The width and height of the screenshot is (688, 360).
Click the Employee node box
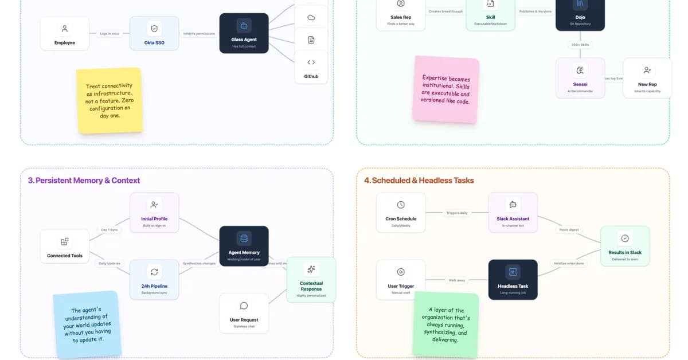click(x=65, y=33)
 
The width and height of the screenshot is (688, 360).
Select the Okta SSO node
click(x=154, y=33)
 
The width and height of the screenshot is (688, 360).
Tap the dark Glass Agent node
click(x=244, y=33)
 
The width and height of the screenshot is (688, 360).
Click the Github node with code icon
click(x=311, y=67)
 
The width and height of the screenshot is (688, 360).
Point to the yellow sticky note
click(x=109, y=100)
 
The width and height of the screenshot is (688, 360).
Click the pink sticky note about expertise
click(x=445, y=89)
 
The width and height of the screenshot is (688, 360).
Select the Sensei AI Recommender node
click(x=580, y=77)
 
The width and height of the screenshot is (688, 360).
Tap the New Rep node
click(x=647, y=77)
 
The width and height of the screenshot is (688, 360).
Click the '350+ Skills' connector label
click(x=580, y=45)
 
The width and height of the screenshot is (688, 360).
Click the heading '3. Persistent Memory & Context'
click(x=84, y=181)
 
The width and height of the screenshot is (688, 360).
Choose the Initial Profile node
click(x=154, y=212)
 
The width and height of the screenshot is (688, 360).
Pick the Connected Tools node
click(x=65, y=246)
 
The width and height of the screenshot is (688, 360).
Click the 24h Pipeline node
click(x=154, y=279)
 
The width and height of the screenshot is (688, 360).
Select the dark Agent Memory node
click(x=244, y=246)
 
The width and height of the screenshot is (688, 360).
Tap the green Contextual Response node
click(x=311, y=279)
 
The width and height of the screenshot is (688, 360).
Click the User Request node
click(x=244, y=313)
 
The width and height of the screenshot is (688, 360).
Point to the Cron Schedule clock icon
click(x=401, y=205)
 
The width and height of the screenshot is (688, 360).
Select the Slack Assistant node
click(x=513, y=212)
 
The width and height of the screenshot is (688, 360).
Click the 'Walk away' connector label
click(x=457, y=280)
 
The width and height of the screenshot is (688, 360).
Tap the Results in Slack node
click(x=625, y=246)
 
